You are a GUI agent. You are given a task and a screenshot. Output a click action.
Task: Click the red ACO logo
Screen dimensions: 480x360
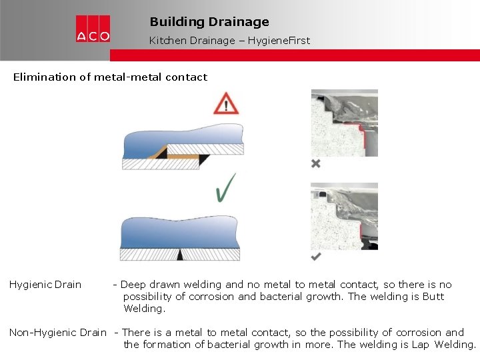(93, 29)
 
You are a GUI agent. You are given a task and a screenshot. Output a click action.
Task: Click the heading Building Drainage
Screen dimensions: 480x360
(209, 22)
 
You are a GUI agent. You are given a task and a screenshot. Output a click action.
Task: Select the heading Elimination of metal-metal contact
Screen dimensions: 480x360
(110, 77)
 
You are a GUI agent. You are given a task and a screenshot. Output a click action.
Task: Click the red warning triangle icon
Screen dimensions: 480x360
(227, 105)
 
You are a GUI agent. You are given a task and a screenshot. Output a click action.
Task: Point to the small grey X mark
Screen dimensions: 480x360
(316, 163)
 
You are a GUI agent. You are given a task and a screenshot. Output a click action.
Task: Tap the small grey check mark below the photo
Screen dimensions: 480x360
(316, 257)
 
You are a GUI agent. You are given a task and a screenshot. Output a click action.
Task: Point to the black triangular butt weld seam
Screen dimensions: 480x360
(180, 255)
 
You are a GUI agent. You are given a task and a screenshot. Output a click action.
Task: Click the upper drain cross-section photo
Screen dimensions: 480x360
(344, 123)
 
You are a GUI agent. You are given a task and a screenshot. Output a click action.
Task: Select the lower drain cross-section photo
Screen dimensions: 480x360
(344, 217)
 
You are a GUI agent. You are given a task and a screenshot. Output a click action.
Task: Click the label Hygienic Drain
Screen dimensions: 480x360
(45, 285)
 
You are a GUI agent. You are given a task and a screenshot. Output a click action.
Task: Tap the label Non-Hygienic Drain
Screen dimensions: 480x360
(58, 332)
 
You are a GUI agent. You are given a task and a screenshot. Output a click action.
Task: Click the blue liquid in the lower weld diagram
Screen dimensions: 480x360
(180, 233)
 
